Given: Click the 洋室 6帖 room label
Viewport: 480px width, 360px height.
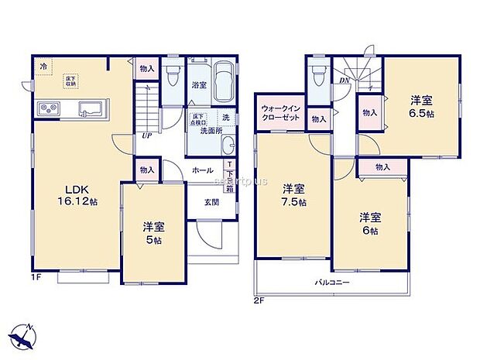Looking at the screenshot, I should [x=369, y=223].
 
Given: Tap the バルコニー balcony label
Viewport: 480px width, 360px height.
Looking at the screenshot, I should [x=331, y=283].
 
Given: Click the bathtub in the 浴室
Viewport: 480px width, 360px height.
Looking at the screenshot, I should [x=225, y=83].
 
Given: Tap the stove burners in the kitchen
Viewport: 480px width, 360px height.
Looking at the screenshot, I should [x=46, y=108].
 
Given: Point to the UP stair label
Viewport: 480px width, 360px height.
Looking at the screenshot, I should [x=145, y=135].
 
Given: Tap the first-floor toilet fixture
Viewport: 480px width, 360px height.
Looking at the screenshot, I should [x=172, y=75].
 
